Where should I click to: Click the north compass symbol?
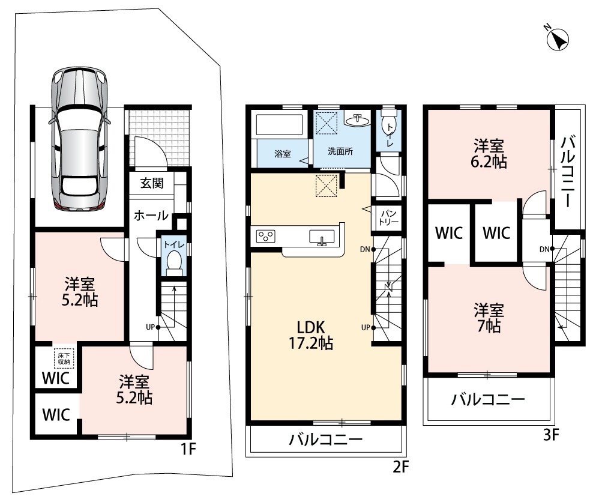point(557,39)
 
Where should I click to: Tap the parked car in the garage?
point(79,139)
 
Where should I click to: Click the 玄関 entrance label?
point(152,183)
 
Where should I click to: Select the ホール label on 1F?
point(151,215)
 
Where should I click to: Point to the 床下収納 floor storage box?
point(64,358)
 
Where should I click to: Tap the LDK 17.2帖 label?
point(312,334)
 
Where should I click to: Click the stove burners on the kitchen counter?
point(266,236)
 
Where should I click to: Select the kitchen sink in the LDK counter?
point(322,237)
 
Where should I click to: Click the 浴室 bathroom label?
point(283,154)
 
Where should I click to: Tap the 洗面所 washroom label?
point(340,151)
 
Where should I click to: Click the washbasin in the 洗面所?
point(357,120)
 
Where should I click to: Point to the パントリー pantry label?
point(388,218)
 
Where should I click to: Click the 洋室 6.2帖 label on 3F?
point(489,154)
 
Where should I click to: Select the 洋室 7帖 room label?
point(489,318)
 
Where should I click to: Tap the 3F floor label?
point(551,434)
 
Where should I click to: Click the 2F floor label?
point(400,466)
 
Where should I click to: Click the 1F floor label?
point(188,449)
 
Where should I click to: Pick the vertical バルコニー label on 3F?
point(568,171)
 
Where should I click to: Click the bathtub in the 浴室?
point(280,125)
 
